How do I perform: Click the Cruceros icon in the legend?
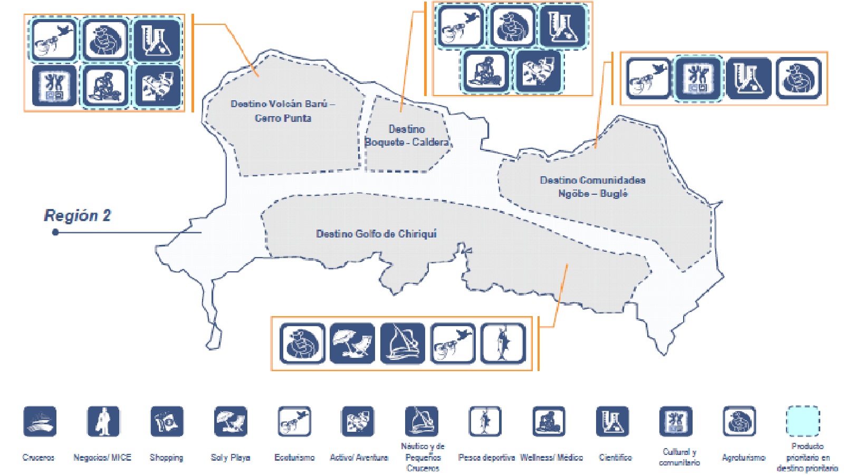40,421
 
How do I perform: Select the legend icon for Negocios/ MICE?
103,421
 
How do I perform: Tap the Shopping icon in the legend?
167,421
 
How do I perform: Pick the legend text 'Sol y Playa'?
231,458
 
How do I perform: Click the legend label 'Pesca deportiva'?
486,458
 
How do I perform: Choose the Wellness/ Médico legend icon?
549,421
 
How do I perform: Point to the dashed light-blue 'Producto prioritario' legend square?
803,421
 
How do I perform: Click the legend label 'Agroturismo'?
744,458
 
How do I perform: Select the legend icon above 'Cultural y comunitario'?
676,421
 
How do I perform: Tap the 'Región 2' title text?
78,215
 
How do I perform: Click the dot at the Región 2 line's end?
55,232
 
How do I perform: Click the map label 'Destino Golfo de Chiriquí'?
376,234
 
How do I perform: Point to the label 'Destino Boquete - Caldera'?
407,136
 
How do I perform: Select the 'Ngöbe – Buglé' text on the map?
593,194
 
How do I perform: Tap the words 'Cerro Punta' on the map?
283,118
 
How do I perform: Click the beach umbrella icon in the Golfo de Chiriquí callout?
352,344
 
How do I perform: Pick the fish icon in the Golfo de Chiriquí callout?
503,344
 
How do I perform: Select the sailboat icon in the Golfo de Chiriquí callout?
402,344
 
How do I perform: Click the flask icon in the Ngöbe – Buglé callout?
749,79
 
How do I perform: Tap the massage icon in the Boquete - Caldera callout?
486,71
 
